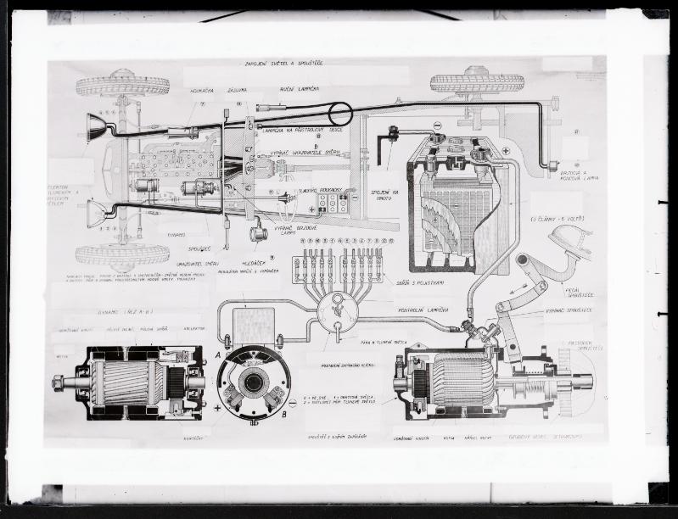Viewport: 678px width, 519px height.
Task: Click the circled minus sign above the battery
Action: click(x=438, y=126)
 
